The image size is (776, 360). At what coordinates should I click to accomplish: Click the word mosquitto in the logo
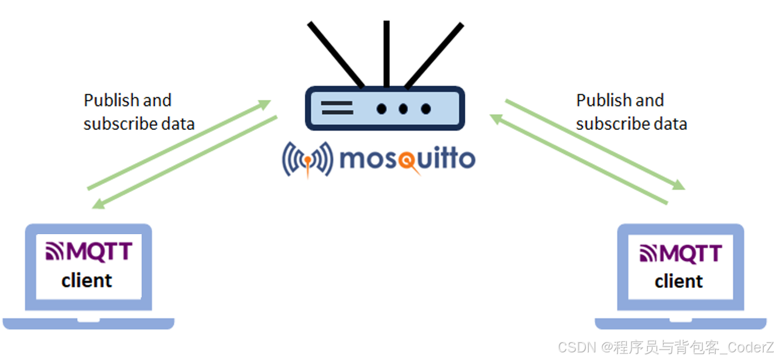406,159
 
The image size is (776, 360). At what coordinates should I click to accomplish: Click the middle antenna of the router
386,53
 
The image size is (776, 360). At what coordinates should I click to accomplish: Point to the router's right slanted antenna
434,55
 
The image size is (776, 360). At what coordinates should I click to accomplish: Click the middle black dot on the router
403,108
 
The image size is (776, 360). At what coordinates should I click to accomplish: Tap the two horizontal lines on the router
337,108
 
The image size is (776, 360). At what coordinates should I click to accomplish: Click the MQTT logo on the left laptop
88,252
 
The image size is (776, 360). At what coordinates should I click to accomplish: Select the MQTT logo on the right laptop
681,253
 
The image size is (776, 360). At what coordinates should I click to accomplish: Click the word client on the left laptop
87,280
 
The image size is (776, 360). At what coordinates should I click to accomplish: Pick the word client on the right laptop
679,282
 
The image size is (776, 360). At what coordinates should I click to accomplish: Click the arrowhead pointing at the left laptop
98,205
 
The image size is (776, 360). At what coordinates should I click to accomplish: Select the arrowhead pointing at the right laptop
679,186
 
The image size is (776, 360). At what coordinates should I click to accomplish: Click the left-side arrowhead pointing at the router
266,104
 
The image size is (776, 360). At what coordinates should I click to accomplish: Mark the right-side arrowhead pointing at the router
495,119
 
